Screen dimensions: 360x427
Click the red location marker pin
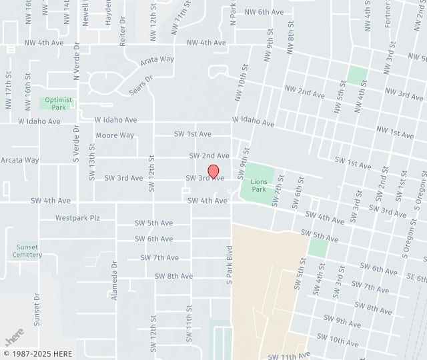click(213, 172)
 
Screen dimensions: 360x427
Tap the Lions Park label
click(259, 185)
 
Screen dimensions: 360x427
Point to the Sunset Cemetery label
click(27, 251)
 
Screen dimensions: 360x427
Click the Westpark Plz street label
click(77, 218)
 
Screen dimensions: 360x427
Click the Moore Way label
click(115, 135)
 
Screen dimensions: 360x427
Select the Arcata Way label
click(20, 160)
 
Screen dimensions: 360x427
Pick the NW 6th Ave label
click(264, 12)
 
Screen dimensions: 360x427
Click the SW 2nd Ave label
click(209, 155)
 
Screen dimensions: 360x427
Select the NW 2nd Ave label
click(304, 91)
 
